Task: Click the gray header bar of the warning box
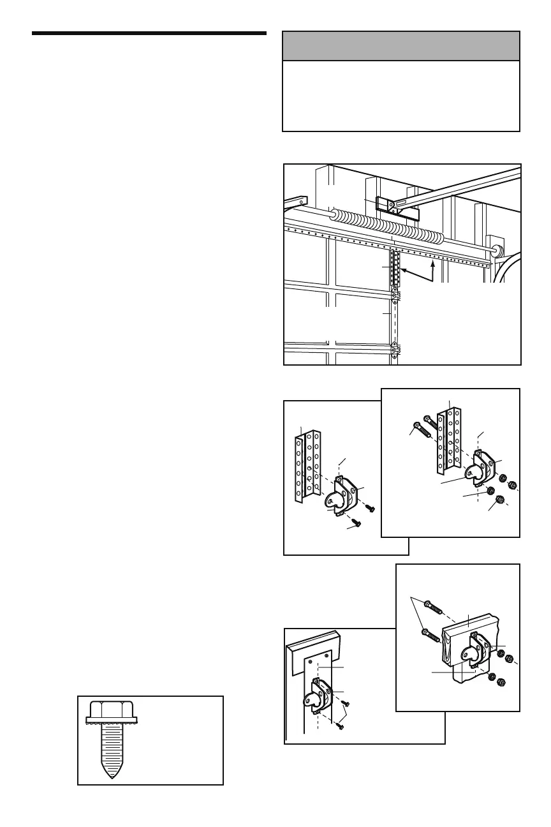coord(400,47)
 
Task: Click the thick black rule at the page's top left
coord(149,33)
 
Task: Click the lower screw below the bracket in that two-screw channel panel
coord(356,524)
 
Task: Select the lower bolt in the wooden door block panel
coord(428,635)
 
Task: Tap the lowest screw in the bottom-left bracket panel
coord(340,727)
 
